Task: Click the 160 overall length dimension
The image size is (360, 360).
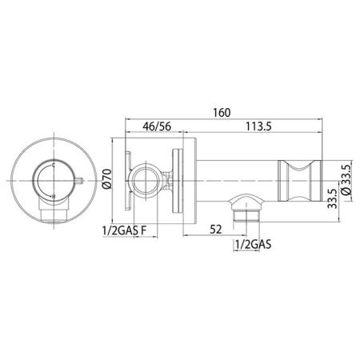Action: coord(222,113)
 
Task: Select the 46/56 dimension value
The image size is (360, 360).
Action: coord(157,126)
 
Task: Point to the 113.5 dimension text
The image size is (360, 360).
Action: coord(258,126)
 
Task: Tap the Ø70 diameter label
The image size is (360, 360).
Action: coord(107,179)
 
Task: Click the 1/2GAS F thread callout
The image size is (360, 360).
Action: coord(125,230)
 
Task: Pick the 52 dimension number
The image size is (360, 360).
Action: coord(215,230)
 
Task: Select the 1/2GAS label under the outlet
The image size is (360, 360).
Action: coord(253,244)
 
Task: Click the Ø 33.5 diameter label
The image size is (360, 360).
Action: coord(347,180)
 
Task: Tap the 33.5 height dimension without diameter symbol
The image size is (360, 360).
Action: coord(332,198)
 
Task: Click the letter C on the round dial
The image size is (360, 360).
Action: coord(54,166)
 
